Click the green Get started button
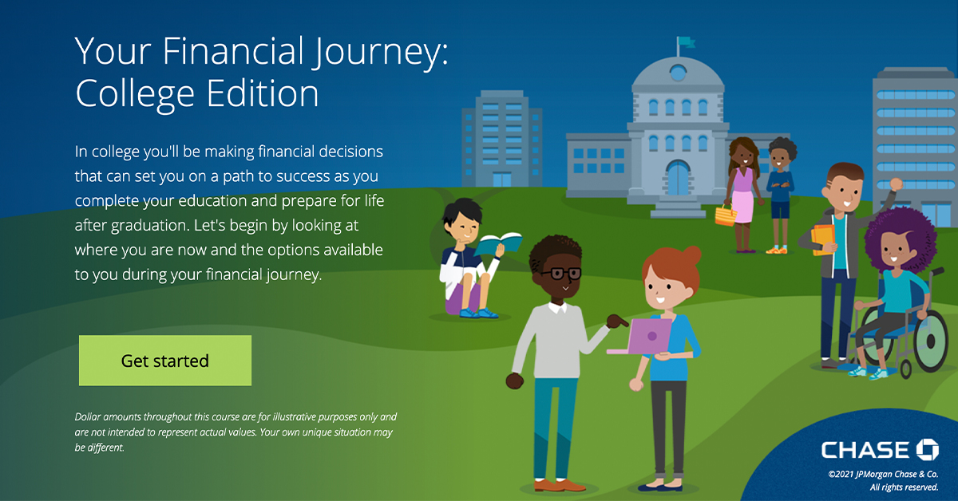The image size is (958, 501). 165,361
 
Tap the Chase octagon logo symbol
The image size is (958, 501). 927,449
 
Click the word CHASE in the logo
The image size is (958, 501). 865,450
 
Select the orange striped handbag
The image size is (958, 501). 726,215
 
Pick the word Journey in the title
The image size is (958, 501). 380,53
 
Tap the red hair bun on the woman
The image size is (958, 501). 691,255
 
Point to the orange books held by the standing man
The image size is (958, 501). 822,239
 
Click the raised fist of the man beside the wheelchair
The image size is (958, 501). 896,185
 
